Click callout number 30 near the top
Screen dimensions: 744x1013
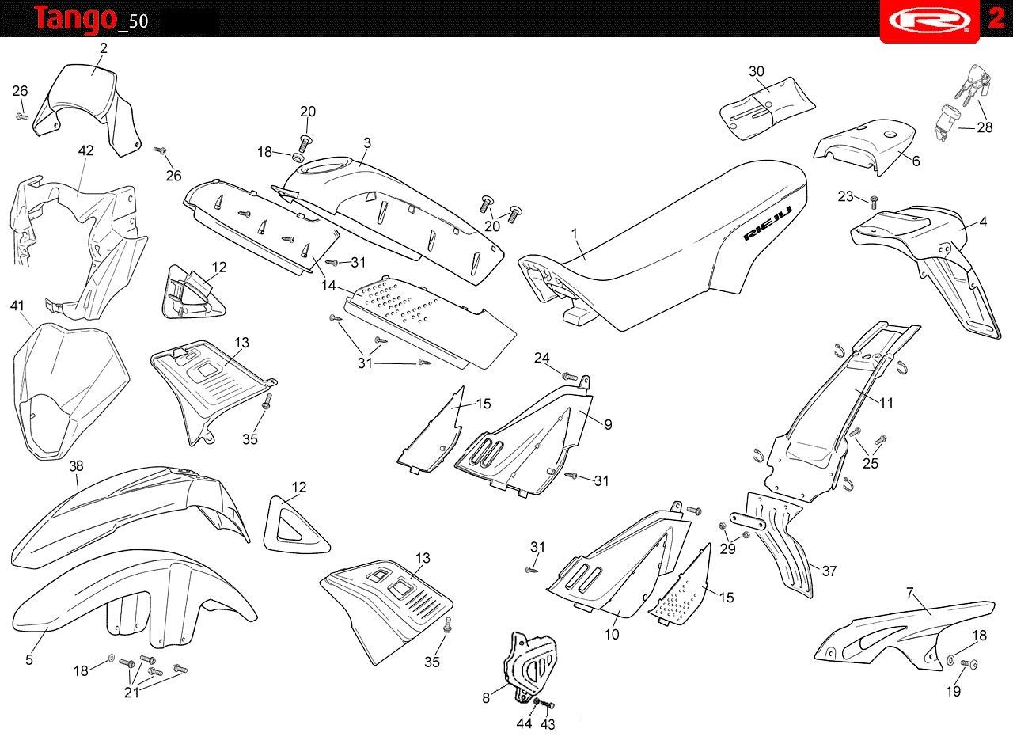click(x=757, y=71)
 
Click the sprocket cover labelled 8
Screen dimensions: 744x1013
click(x=526, y=665)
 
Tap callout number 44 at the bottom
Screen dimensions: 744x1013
click(x=523, y=724)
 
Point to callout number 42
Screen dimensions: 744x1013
click(x=86, y=150)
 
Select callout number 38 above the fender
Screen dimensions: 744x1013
click(x=76, y=465)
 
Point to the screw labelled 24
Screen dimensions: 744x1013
click(x=568, y=374)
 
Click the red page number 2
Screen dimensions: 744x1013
click(x=996, y=19)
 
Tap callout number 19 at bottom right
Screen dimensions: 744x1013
click(x=954, y=691)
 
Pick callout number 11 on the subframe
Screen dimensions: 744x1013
click(x=886, y=403)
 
